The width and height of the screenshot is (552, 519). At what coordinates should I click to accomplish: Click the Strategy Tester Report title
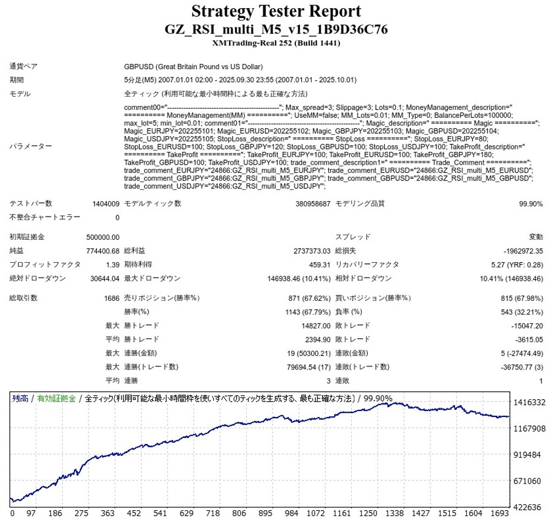[276, 11]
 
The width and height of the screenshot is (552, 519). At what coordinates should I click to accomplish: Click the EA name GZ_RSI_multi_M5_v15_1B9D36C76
[276, 30]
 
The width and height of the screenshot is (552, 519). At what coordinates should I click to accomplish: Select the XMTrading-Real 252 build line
[276, 43]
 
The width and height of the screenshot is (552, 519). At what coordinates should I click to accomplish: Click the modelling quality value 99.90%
[530, 204]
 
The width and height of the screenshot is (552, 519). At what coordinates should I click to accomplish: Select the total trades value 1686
[110, 298]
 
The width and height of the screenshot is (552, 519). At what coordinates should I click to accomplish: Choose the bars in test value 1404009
[106, 204]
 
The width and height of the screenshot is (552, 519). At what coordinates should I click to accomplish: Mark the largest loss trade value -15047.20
[526, 326]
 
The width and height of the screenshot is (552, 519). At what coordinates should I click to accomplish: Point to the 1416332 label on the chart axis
[529, 403]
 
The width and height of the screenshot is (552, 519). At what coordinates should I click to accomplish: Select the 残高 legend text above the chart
[20, 399]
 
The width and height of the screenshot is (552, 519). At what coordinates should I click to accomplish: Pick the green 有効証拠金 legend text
[56, 399]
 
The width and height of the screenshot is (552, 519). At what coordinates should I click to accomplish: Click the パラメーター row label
[29, 147]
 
